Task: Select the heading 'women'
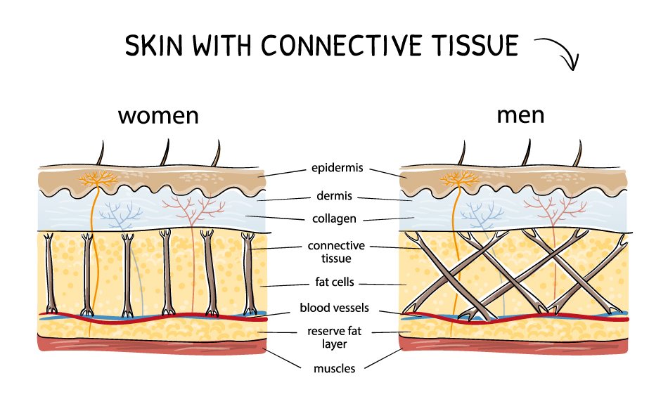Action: pos(158,115)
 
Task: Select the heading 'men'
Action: pos(520,115)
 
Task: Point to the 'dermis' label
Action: pos(334,197)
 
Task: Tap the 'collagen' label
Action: pos(334,219)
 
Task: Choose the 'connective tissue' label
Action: pos(336,252)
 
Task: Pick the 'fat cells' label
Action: pos(335,283)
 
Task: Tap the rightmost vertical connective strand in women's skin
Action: pos(249,274)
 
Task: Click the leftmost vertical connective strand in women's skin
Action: pos(50,274)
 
